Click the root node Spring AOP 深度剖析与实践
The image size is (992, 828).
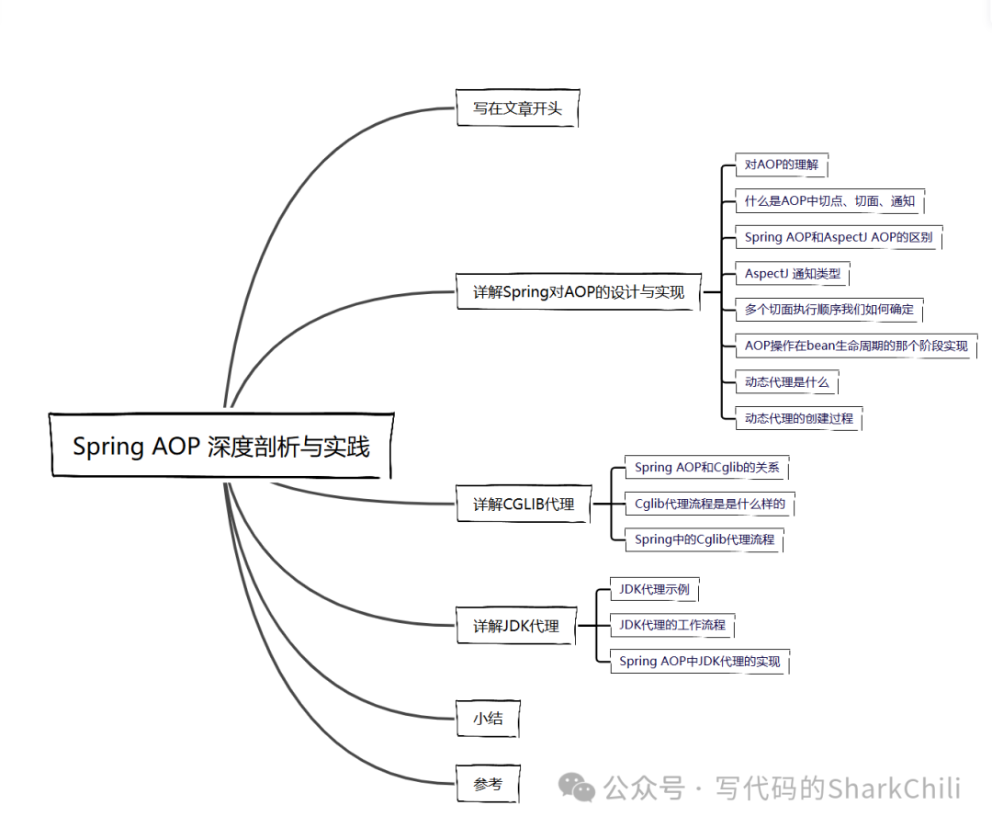pyautogui.click(x=221, y=447)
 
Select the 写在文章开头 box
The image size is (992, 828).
pyautogui.click(x=518, y=108)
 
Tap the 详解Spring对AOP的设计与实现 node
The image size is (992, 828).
pyautogui.click(x=579, y=292)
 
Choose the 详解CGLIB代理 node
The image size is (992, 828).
pyautogui.click(x=524, y=504)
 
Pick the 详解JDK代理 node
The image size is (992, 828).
pyautogui.click(x=516, y=626)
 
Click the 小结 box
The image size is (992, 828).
pyautogui.click(x=488, y=718)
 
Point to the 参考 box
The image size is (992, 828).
pyautogui.click(x=488, y=784)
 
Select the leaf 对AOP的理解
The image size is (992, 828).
pyautogui.click(x=781, y=165)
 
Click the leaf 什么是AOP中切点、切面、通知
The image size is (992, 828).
pyautogui.click(x=829, y=201)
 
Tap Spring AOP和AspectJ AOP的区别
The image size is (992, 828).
pyautogui.click(x=839, y=237)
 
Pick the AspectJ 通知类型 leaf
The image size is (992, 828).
pyautogui.click(x=793, y=274)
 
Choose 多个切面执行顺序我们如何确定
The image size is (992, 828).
pyautogui.click(x=829, y=310)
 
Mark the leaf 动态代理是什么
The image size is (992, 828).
pyautogui.click(x=787, y=382)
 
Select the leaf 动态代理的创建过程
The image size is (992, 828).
pyautogui.click(x=799, y=418)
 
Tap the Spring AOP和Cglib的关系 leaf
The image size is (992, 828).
pyautogui.click(x=706, y=467)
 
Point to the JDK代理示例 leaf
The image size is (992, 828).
pyautogui.click(x=654, y=589)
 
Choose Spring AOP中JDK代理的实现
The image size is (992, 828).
pyautogui.click(x=699, y=661)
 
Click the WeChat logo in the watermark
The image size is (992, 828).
pyautogui.click(x=578, y=788)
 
